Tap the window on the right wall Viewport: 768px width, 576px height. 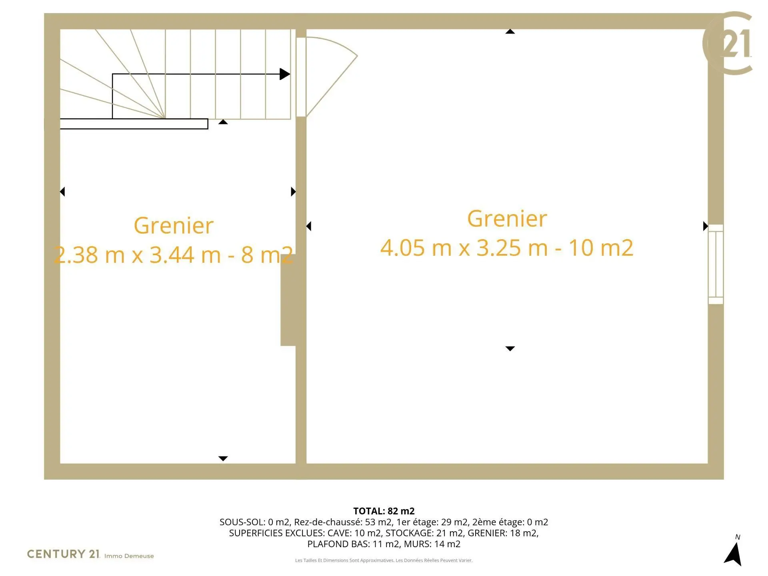coord(716,264)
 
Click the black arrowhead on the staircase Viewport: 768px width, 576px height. coord(285,74)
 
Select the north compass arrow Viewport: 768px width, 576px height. coord(733,554)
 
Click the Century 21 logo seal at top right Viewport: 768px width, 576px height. coord(728,43)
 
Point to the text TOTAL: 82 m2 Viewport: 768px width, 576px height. coord(384,511)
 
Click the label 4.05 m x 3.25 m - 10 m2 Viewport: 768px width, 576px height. coord(507,248)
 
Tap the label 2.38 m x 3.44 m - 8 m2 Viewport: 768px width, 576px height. coord(174,255)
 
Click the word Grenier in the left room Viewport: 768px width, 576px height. coord(174,226)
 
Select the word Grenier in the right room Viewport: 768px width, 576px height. coord(507,219)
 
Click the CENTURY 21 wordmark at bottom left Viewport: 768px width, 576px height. coord(63,554)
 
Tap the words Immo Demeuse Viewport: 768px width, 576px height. coord(129,556)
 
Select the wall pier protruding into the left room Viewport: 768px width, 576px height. coord(288,300)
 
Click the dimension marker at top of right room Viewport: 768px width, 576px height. coord(510,32)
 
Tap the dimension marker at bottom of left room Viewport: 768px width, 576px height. coord(223,458)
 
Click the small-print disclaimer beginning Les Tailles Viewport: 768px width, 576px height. coord(384,560)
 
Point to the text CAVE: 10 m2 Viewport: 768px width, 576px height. coord(354,533)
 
